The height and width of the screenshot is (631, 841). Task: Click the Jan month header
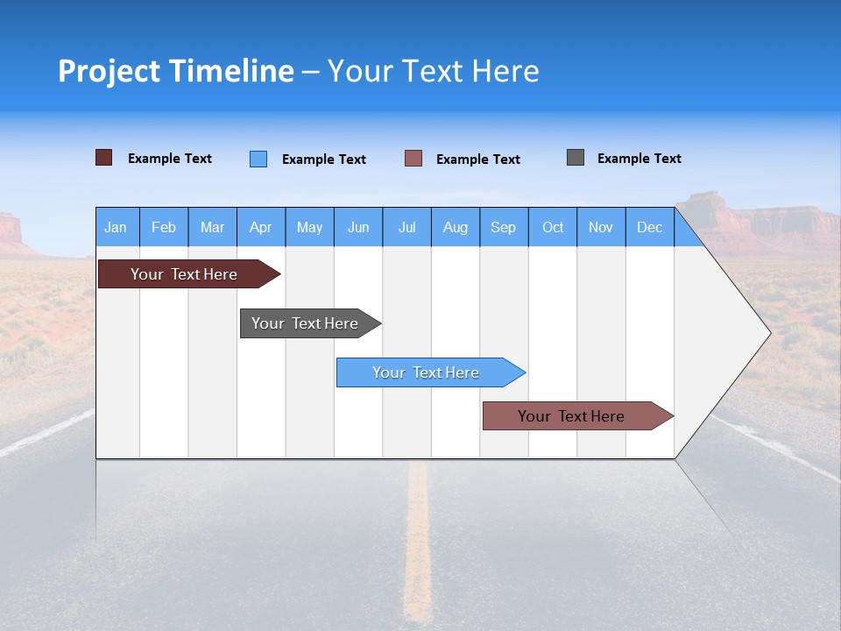[x=116, y=228]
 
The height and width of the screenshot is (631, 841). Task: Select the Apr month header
[x=261, y=228]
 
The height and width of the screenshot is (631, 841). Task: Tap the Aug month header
[x=456, y=228]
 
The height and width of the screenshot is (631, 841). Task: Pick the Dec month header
[x=650, y=228]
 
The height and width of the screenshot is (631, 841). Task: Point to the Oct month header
[x=553, y=228]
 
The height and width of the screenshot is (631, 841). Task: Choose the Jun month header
[x=358, y=228]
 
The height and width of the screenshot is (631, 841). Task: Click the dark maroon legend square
[x=103, y=158]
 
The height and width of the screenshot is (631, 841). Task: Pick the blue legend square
[x=258, y=159]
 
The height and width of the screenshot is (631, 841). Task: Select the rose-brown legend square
[x=413, y=159]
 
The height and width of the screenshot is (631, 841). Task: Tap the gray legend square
[x=576, y=158]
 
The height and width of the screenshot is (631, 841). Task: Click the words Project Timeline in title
[x=176, y=71]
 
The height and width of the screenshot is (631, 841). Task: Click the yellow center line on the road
[x=419, y=543]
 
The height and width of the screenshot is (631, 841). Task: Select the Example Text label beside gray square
[x=640, y=159]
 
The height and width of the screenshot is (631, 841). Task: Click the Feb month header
[x=164, y=228]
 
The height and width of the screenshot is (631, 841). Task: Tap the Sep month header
[x=504, y=228]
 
